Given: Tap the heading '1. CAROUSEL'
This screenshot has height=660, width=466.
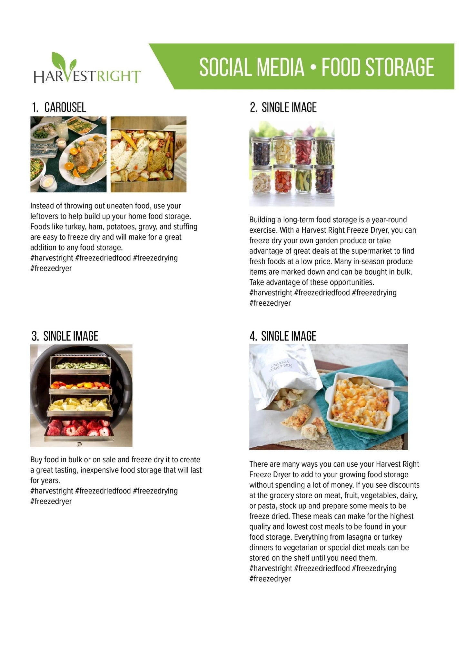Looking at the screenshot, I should tap(59, 107).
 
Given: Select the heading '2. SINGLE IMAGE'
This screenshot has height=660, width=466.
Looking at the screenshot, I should tap(283, 107).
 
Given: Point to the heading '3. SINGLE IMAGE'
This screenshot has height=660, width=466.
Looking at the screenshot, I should tap(65, 336).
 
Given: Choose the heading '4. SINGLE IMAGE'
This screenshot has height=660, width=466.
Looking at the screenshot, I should tap(283, 336).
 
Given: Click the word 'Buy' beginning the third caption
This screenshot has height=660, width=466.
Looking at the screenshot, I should tap(36, 460).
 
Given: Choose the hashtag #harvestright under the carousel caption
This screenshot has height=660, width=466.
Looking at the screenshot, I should tap(52, 258).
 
